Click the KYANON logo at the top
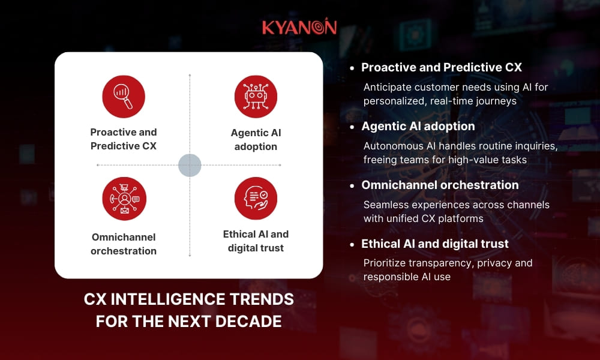pyautogui.click(x=299, y=27)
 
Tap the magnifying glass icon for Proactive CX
pyautogui.click(x=124, y=97)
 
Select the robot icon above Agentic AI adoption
pyautogui.click(x=256, y=97)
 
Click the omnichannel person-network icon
pyautogui.click(x=124, y=199)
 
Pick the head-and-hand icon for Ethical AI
pyautogui.click(x=256, y=199)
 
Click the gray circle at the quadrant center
pyautogui.click(x=190, y=165)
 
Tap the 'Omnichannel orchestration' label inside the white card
pyautogui.click(x=124, y=244)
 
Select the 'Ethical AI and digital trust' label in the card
pyautogui.click(x=256, y=241)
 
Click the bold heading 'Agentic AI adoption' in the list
pyautogui.click(x=418, y=126)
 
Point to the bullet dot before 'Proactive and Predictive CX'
pyautogui.click(x=352, y=68)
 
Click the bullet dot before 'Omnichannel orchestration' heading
pyautogui.click(x=352, y=185)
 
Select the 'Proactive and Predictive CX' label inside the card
pyautogui.click(x=124, y=139)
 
